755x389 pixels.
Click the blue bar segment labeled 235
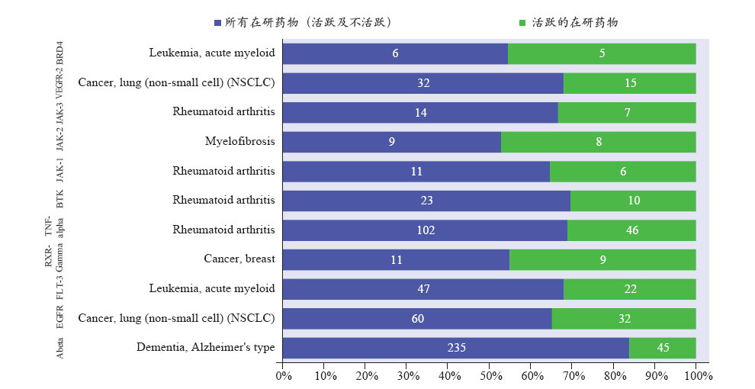455,348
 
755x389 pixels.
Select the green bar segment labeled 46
631,230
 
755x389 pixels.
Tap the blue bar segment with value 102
425,230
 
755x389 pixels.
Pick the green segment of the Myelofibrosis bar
599,142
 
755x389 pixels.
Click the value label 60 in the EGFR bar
417,319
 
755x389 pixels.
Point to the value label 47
423,289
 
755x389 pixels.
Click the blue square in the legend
218,23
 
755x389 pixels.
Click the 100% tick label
698,376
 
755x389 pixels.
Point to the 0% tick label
283,376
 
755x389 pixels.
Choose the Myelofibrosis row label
239,142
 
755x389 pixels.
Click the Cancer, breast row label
239,259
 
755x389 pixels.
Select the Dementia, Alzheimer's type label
205,348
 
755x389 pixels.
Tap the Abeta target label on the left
60,347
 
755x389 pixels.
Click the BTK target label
60,200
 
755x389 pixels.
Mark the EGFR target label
60,317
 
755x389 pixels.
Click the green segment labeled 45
663,348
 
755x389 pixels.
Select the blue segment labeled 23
426,201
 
